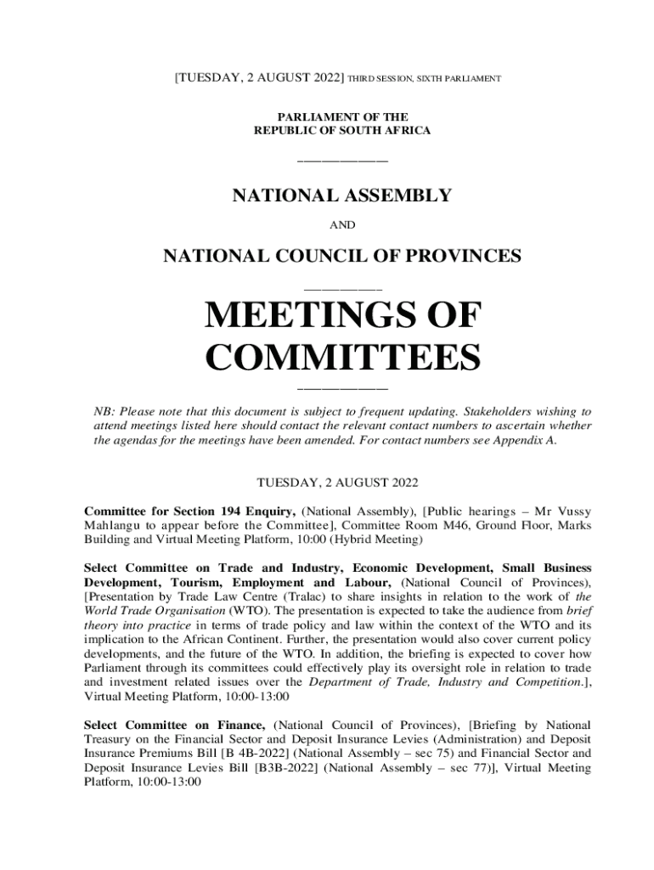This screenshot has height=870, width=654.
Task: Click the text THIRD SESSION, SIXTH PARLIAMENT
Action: (425, 79)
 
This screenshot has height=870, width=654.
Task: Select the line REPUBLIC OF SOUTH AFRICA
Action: (342, 130)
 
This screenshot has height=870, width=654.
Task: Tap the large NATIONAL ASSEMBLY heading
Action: (341, 196)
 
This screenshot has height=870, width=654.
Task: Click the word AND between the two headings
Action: (341, 225)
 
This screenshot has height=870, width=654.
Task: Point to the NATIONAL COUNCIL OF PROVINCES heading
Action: (341, 255)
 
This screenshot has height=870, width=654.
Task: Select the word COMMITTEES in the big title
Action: (341, 358)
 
